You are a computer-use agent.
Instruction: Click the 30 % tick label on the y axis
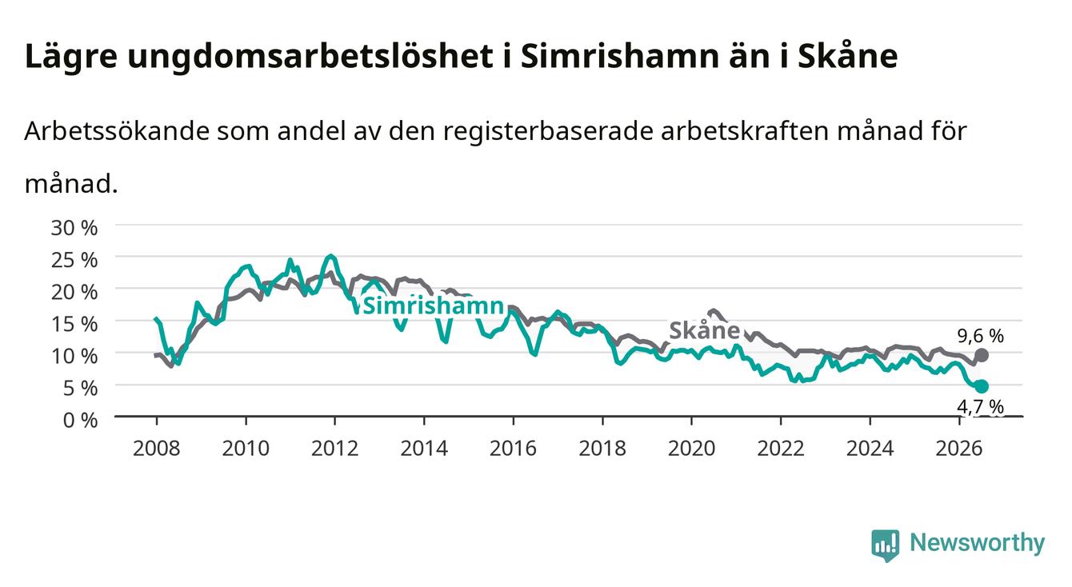point(74,228)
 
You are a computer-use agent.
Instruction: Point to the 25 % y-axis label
point(74,260)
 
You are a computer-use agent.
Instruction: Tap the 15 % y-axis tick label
point(74,324)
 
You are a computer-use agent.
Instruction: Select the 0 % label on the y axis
point(80,420)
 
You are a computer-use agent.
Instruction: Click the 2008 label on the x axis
point(157,449)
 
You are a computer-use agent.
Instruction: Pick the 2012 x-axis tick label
point(334,449)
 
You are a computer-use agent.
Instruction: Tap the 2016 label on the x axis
point(513,449)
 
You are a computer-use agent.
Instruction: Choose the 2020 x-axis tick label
point(691,449)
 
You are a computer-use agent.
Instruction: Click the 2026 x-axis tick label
point(959,449)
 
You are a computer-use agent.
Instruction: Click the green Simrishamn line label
point(434,305)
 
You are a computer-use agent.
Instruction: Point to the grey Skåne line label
point(705,330)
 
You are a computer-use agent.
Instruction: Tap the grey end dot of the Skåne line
point(982,355)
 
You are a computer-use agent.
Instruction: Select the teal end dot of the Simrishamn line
point(982,386)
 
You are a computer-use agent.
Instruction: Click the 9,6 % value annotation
point(981,336)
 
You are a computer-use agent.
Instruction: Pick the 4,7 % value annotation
point(981,406)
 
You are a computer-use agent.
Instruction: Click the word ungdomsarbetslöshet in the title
point(310,57)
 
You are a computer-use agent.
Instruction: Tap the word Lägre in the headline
point(71,57)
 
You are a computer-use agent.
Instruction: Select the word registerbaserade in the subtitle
point(548,131)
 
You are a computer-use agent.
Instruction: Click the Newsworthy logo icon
point(886,545)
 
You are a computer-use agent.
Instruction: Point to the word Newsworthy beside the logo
point(978,543)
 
